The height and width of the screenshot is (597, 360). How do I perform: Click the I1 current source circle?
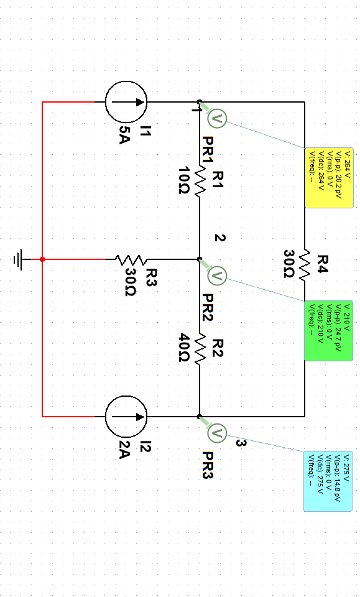[126, 101]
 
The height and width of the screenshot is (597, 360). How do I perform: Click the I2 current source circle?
[126, 416]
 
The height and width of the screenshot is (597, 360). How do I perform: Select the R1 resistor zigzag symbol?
[200, 180]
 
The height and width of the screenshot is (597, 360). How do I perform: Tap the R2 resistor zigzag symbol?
[200, 348]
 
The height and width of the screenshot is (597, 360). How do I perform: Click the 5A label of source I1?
[125, 134]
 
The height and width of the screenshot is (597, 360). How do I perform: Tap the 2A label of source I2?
[125, 450]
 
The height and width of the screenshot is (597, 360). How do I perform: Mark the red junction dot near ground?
[42, 259]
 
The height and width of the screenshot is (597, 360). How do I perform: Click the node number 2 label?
[219, 238]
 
